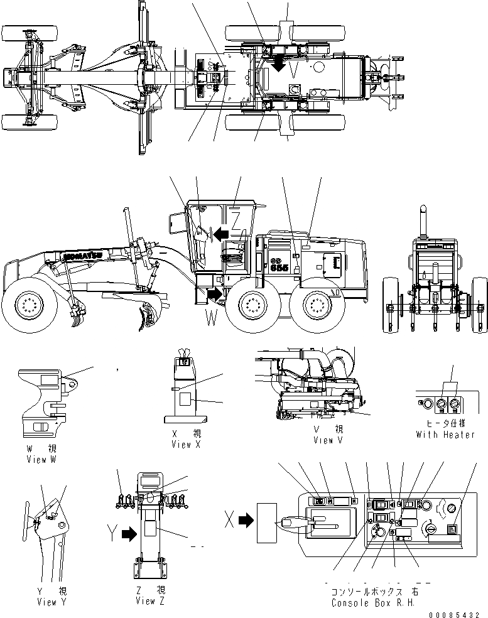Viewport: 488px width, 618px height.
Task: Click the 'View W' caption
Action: (41, 459)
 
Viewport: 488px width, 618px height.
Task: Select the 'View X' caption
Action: (187, 444)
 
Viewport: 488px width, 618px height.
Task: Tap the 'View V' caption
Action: (328, 440)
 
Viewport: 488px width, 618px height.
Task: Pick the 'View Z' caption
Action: (150, 601)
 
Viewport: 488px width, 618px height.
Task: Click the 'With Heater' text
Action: (445, 435)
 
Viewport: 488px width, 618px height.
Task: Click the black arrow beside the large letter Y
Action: (129, 534)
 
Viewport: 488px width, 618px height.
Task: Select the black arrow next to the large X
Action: (245, 519)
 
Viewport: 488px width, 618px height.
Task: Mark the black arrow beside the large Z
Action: (220, 234)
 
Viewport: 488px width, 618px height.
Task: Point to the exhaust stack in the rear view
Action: (423, 218)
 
